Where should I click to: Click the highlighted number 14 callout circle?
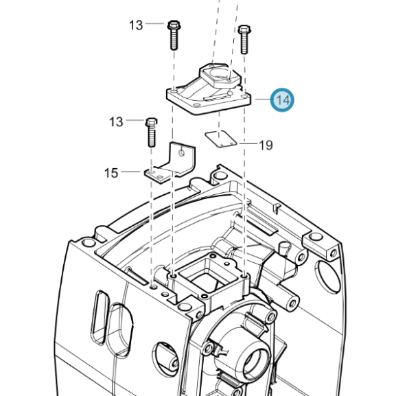282,100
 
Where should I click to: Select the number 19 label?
266,145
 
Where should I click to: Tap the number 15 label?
111,173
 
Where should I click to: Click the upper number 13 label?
136,25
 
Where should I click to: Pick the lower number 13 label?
116,121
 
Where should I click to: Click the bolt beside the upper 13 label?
174,35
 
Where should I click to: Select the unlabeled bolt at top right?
244,39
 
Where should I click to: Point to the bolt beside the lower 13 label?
152,132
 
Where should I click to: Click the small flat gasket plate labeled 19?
221,139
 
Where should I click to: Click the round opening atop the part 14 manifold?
220,73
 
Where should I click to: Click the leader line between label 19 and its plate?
248,143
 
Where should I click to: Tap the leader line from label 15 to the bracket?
130,172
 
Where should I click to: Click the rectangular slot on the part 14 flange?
218,97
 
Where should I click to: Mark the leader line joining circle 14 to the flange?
263,100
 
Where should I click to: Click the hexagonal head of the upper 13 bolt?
174,25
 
